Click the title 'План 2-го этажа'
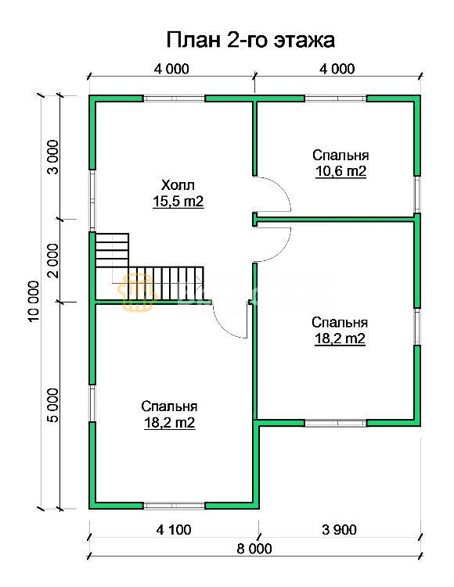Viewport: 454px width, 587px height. [250, 40]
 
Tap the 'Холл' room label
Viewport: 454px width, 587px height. [178, 185]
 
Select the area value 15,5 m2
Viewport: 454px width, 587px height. [178, 202]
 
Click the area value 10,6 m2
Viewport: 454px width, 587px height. [340, 171]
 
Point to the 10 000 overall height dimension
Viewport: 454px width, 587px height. [34, 302]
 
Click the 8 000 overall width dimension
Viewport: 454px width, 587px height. [254, 549]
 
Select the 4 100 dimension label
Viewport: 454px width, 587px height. [173, 530]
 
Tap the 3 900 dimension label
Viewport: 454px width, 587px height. [339, 530]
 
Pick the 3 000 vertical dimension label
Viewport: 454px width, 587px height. [53, 157]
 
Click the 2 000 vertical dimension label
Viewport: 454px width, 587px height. [53, 260]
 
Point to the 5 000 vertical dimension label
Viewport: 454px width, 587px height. [53, 406]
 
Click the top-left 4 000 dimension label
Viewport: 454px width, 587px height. [171, 69]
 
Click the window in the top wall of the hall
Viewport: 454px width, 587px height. [175, 98]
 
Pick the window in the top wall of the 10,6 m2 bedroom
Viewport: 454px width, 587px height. [336, 98]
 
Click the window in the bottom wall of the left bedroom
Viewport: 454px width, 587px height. [175, 506]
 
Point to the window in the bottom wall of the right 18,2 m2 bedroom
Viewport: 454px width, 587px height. [336, 423]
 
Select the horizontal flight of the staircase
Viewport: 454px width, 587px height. [166, 283]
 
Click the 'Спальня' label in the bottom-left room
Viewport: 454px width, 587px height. [169, 406]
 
